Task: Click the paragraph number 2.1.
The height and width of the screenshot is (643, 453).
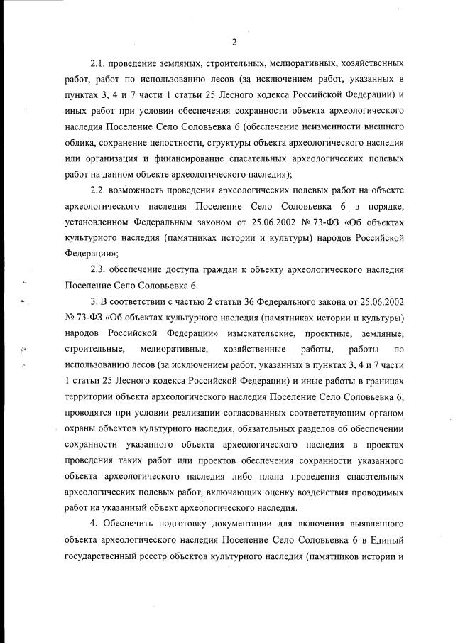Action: coord(98,63)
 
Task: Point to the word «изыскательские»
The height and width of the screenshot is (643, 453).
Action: coord(264,333)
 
